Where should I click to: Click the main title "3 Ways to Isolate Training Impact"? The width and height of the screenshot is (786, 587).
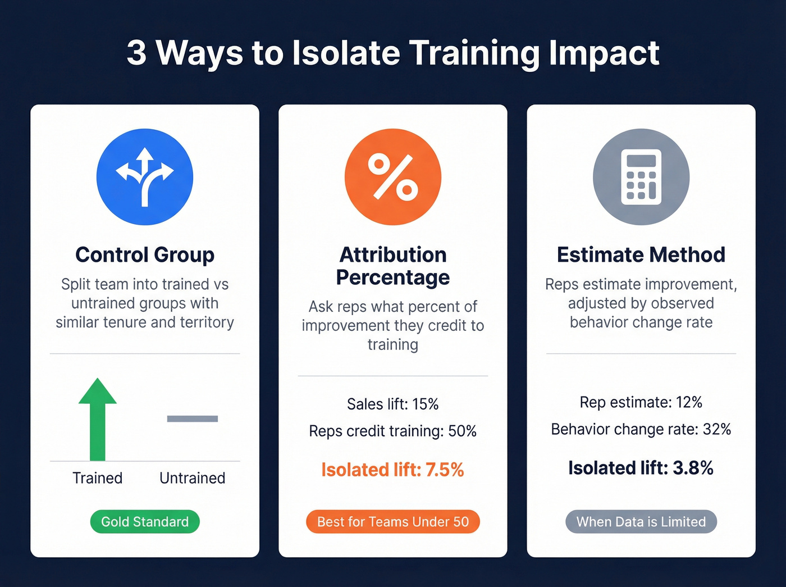393,53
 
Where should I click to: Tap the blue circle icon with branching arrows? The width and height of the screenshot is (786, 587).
145,177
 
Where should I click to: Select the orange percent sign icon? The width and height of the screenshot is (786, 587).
393,177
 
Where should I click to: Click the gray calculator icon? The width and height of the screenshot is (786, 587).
641,177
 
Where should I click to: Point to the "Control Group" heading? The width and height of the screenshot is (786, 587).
145,255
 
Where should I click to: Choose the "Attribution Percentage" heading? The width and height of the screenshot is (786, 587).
393,266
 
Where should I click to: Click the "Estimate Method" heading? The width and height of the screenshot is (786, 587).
641,255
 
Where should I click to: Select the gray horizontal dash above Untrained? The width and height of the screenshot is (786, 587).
192,418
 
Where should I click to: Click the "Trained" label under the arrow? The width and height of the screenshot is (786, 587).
98,478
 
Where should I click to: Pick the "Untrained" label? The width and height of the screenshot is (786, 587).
192,478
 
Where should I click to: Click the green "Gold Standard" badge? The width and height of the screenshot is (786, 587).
145,522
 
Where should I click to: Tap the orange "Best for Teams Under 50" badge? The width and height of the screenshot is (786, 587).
393,522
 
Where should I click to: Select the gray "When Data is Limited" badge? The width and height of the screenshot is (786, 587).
641,522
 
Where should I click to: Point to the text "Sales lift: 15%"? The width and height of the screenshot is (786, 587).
393,404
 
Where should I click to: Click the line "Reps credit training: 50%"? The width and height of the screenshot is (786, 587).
393,431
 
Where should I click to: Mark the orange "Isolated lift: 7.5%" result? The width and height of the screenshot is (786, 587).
393,470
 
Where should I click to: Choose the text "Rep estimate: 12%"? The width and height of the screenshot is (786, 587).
641,402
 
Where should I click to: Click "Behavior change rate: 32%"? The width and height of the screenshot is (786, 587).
641,430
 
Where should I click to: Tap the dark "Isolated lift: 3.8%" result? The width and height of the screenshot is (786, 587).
641,468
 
